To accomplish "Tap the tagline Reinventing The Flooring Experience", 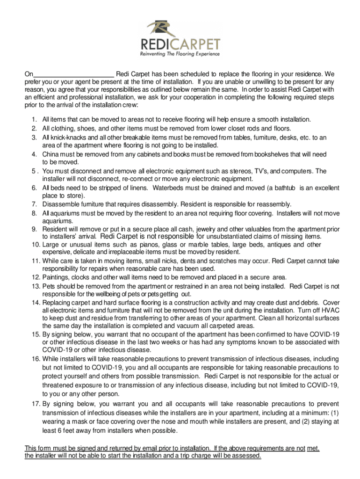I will click(x=180, y=54).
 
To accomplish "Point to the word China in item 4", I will click(x=51, y=154).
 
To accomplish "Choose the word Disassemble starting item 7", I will click(x=61, y=204).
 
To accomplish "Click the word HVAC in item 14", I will click(x=330, y=310).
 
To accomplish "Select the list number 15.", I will click(x=35, y=334).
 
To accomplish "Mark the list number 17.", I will click(x=35, y=404).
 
